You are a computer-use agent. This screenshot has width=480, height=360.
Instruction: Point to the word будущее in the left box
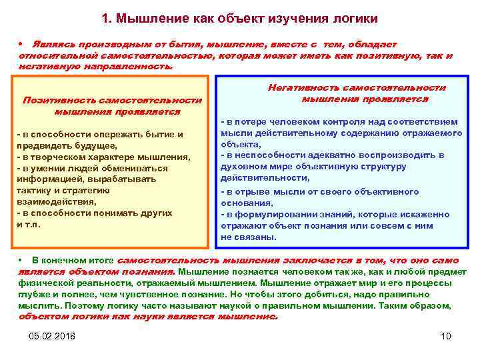point(97,145)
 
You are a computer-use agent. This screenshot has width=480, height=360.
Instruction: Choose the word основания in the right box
point(246,203)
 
